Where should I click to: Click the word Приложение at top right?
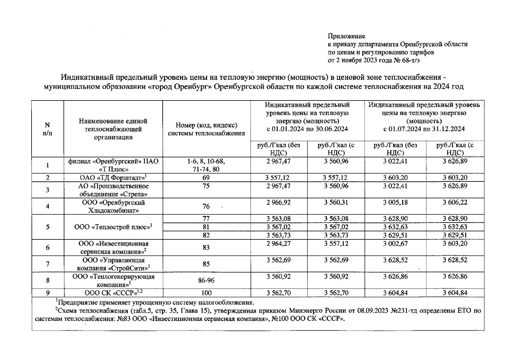(346, 36)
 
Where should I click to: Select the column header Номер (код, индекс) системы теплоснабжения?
(206, 129)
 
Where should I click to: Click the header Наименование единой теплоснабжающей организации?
(113, 129)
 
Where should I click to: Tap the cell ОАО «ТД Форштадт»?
(113, 178)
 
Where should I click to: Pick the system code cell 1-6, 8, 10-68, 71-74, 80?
(206, 165)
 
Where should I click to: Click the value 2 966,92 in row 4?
(279, 202)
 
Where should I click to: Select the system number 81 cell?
(206, 227)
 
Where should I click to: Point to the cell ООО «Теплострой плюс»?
(113, 227)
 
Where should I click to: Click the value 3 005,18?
(395, 202)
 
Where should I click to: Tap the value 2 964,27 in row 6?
(279, 244)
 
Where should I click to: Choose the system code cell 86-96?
(206, 280)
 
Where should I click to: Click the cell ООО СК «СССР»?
(113, 293)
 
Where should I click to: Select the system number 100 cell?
(206, 293)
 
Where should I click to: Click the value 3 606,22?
(455, 202)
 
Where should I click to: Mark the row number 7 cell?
(47, 264)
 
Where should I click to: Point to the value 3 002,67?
(395, 244)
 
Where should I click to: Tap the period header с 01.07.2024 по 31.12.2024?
(424, 129)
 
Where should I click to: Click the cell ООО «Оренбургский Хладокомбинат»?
(113, 206)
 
